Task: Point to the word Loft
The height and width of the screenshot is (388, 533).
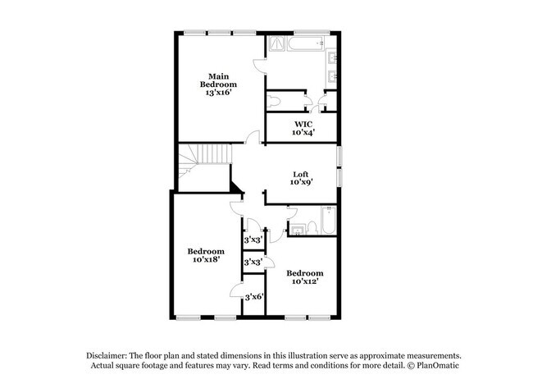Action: coord(302,174)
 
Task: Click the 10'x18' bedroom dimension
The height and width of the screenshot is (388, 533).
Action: coord(205,260)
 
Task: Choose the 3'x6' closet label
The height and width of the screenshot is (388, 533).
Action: coord(253,297)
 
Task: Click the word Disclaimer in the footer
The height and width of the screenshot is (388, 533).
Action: coord(107,354)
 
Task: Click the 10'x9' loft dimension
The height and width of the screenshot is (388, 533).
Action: coord(302,184)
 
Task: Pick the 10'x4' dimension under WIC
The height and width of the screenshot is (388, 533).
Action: coord(302,132)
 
